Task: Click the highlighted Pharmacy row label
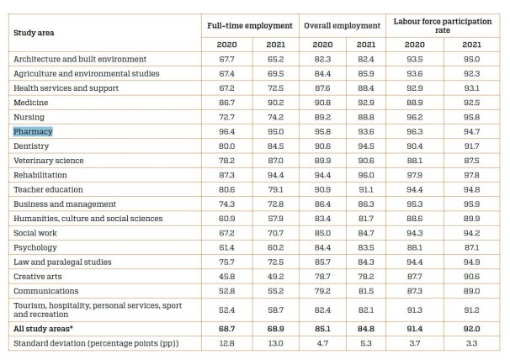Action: point(33,132)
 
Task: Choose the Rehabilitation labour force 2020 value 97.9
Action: point(412,175)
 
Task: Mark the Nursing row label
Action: point(29,117)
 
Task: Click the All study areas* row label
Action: point(46,328)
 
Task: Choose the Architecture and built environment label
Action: point(80,60)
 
